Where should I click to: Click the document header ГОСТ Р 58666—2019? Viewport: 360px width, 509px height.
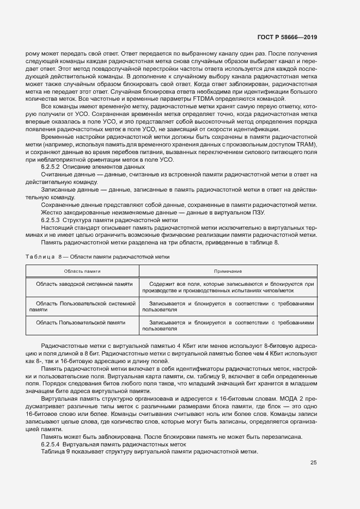click(x=286, y=37)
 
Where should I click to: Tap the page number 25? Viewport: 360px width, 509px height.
click(x=314, y=463)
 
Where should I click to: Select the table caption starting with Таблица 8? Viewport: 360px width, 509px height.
click(x=97, y=256)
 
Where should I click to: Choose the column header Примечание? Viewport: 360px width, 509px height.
click(x=228, y=271)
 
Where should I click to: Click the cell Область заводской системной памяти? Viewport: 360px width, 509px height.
click(x=84, y=284)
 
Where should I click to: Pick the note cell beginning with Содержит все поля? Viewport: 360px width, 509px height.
click(x=228, y=287)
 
